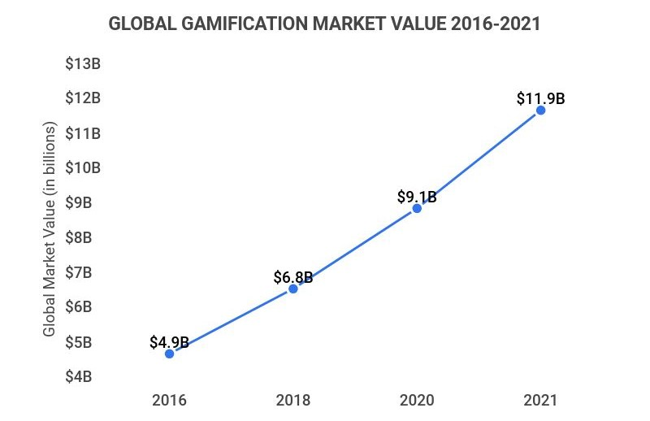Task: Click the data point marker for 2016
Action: pos(169,354)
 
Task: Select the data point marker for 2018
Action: pos(293,289)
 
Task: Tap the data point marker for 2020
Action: pos(417,208)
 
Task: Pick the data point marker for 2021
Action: pos(540,110)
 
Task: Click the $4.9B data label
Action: pos(169,342)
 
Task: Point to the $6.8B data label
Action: pos(293,277)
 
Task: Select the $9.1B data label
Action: pos(417,197)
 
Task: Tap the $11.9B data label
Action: pos(540,99)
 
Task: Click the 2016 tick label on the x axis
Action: pos(169,400)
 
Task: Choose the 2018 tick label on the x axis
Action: pos(293,400)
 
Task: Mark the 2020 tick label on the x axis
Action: pos(417,400)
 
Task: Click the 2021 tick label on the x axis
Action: pos(540,400)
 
